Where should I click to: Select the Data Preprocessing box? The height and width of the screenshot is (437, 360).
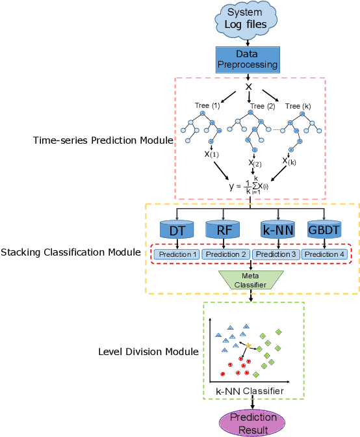[x=248, y=59]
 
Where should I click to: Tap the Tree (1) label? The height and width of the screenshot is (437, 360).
[x=207, y=105]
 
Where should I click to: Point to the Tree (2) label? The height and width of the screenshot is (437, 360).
[x=262, y=105]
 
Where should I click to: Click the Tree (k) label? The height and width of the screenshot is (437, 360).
[x=298, y=105]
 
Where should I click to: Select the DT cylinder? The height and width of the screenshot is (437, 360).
[x=175, y=230]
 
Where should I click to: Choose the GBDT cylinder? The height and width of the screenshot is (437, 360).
[x=324, y=230]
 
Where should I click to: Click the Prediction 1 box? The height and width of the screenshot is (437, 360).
[x=177, y=254]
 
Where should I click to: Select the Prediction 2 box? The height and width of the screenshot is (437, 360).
[x=225, y=254]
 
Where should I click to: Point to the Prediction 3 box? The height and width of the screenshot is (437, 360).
[x=275, y=254]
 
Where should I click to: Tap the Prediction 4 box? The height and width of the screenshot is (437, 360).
[x=324, y=254]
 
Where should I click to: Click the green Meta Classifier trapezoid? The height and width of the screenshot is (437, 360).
[x=250, y=280]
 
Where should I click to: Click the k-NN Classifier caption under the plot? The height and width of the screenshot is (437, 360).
[x=250, y=391]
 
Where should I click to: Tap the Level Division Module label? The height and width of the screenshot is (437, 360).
[x=148, y=351]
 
